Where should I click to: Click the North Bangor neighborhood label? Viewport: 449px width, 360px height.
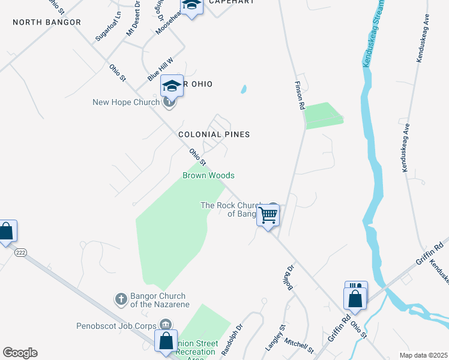[47, 22]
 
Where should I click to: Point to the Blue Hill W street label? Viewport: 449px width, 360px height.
[160, 70]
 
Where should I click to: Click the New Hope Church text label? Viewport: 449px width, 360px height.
[126, 102]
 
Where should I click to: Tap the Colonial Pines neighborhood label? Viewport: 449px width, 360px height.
[214, 134]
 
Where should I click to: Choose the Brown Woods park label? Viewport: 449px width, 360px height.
[208, 175]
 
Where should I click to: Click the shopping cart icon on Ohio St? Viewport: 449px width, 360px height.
[268, 214]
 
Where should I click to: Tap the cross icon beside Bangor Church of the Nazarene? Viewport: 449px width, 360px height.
[121, 298]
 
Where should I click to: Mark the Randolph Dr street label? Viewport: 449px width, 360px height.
[231, 339]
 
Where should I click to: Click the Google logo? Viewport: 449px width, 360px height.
[20, 353]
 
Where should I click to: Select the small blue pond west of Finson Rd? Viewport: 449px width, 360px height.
[243, 90]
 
